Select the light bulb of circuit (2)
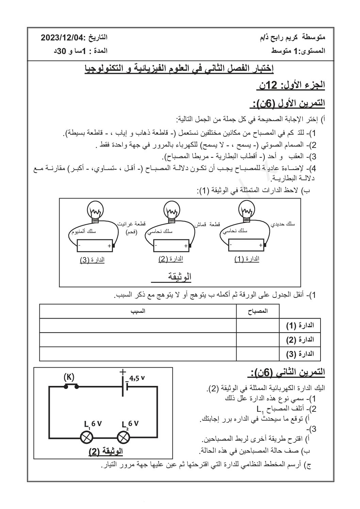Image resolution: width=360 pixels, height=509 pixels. tap(172, 210)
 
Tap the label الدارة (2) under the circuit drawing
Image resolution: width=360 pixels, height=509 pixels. tap(171, 259)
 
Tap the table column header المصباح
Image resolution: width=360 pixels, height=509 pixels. tap(258, 311)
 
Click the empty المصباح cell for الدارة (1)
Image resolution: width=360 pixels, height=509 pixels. tap(258, 325)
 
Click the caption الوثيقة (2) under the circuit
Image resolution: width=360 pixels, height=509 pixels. tap(105, 451)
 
